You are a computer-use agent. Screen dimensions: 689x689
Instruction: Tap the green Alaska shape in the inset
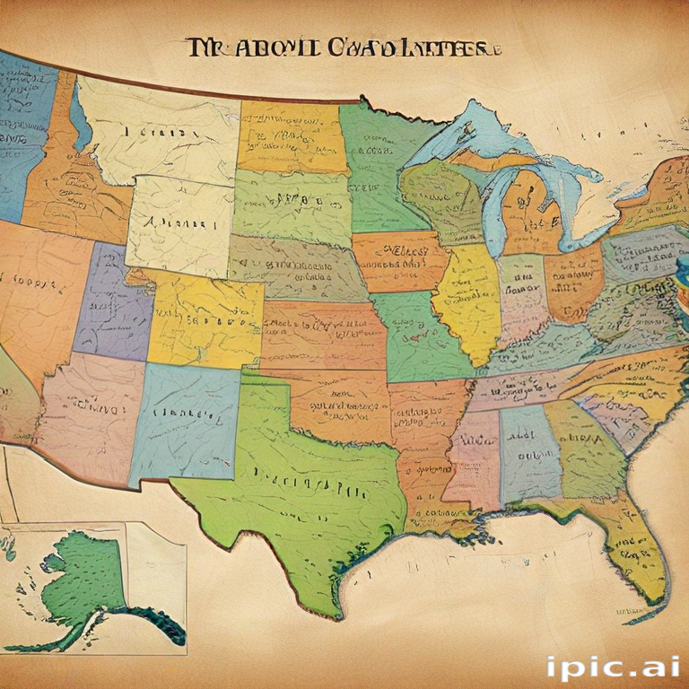(85, 579)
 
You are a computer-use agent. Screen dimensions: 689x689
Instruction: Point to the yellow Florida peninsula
(637, 547)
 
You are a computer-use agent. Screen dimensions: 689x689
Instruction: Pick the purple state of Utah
(112, 301)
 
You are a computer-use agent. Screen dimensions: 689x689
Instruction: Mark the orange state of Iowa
(395, 260)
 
